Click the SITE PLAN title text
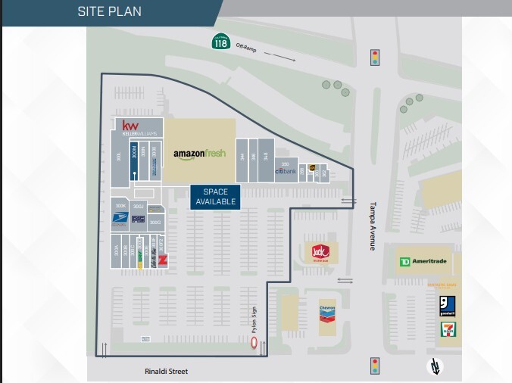(109, 11)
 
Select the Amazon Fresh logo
(200, 154)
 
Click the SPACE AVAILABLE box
(215, 197)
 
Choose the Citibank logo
(285, 171)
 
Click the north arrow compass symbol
(434, 366)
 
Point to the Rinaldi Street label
(166, 372)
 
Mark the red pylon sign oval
(254, 344)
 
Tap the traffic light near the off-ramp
(374, 57)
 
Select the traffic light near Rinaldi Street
(374, 366)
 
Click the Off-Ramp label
(246, 48)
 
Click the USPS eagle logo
(120, 220)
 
